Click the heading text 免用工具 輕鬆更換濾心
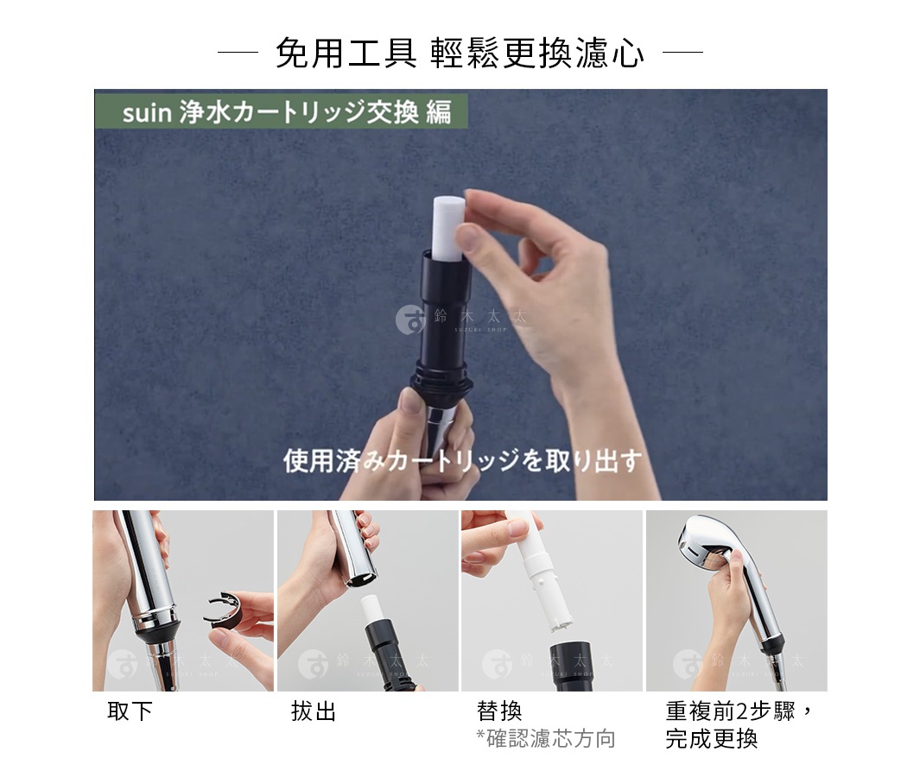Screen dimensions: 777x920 [460, 54]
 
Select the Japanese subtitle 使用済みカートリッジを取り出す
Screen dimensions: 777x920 [462, 461]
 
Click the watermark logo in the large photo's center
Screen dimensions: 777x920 [410, 319]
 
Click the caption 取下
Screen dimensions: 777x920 [130, 712]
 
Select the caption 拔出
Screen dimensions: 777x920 [314, 712]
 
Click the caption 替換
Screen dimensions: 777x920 [498, 712]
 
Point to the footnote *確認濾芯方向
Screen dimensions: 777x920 [545, 739]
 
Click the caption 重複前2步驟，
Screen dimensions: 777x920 [739, 712]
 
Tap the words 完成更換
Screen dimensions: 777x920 [711, 739]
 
